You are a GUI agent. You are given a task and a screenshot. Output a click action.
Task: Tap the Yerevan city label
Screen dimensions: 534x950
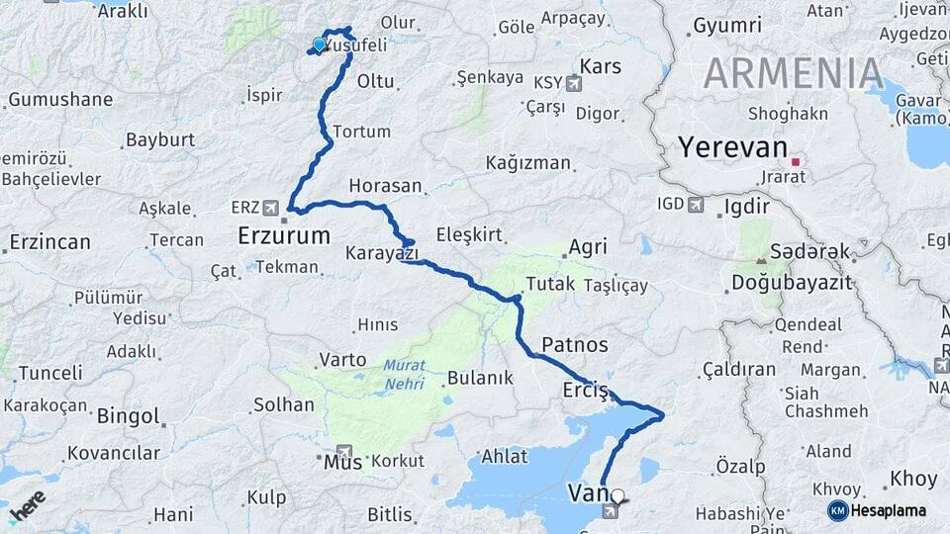732,147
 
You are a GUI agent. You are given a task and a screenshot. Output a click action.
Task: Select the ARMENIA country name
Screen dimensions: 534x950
794,74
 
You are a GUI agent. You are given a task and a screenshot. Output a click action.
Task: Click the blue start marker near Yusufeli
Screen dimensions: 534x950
319,44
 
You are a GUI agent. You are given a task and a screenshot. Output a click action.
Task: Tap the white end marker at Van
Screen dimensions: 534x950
617,496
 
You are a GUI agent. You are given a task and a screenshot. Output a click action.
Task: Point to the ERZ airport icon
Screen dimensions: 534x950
271,208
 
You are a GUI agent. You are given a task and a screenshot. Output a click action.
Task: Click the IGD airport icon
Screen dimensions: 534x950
696,205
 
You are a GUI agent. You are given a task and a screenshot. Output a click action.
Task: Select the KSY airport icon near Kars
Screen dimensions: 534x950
574,84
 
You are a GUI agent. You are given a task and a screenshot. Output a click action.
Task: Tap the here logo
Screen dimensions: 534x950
27,505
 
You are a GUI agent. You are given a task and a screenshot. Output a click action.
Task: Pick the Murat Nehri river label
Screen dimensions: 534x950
403,373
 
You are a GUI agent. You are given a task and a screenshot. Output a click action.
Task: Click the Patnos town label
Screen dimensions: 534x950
575,344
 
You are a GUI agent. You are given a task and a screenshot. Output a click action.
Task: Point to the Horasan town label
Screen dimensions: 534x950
385,186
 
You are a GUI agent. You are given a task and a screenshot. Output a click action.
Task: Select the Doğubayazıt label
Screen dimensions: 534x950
792,283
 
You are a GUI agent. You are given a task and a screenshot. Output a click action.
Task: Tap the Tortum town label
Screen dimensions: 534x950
361,132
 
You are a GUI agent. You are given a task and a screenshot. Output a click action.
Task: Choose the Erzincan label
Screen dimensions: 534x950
49,241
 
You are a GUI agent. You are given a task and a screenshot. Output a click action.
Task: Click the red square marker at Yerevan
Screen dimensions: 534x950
795,160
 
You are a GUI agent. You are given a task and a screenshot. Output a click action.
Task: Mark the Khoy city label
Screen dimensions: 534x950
912,479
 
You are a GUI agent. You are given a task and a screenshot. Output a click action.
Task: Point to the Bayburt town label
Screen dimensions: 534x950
160,139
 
